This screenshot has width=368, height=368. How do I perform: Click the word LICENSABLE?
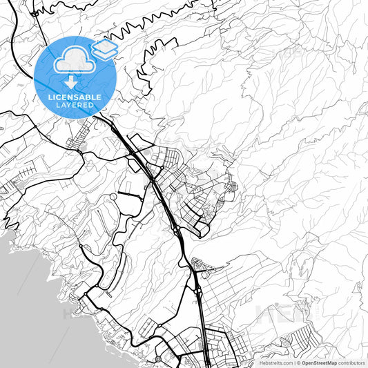(75, 97)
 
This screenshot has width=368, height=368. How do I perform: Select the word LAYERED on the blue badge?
(75, 106)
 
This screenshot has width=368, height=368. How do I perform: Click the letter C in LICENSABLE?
(59, 97)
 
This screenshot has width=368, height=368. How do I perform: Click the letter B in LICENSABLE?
(89, 97)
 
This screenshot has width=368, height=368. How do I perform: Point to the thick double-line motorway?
(166, 200)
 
